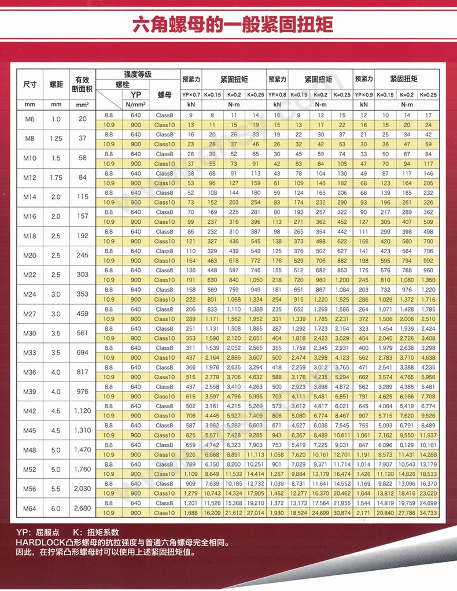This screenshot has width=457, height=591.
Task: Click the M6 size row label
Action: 30,120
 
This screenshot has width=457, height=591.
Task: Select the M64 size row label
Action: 30,508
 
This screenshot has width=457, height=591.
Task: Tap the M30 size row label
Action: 30,333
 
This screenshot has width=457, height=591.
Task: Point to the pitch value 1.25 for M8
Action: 56,139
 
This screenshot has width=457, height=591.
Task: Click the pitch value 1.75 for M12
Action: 56,178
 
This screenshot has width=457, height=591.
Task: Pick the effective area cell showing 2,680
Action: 83,508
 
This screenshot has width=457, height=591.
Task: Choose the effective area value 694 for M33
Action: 83,352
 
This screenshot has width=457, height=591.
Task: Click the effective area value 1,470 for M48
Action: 83,449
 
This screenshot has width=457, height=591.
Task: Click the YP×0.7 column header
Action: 191,95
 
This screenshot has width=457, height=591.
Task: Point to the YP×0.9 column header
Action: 364,95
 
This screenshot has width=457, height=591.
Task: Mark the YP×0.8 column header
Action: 277,95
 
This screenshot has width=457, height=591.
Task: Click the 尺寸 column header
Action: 30,84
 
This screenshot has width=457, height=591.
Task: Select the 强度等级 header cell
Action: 138,75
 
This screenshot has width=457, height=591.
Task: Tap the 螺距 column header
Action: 56,84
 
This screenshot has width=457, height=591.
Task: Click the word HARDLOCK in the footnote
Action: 37,544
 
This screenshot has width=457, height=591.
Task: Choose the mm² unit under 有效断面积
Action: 83,105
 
